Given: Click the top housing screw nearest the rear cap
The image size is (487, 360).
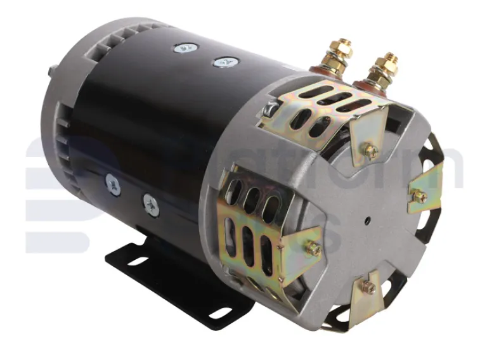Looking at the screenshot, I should click(185, 46).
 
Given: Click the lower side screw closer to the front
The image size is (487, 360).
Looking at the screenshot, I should click(152, 203).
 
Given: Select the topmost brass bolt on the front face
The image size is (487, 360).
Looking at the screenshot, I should click(371, 151).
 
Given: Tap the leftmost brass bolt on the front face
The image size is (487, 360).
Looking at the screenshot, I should click(313, 249).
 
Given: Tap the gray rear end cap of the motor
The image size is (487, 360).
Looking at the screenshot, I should click(70, 127).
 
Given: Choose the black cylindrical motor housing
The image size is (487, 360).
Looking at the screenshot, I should click(159, 127).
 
